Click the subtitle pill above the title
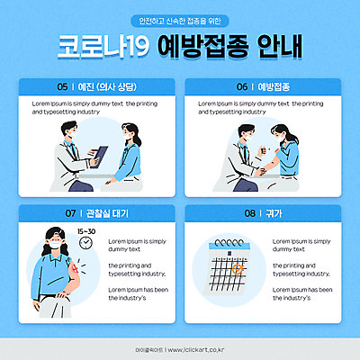(x=180, y=21)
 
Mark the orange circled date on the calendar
(x=237, y=267)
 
